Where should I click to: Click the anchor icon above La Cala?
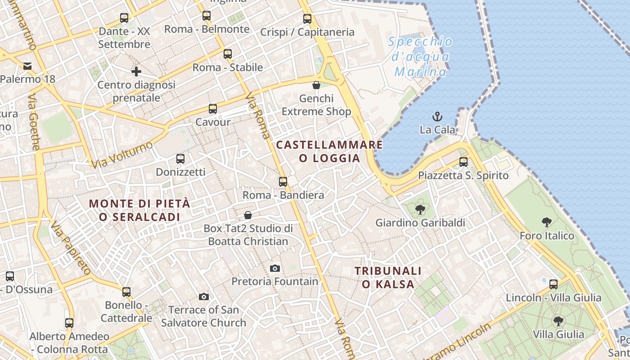click(437, 117)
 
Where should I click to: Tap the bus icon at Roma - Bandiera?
click(283, 182)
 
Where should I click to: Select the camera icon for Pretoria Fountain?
click(275, 269)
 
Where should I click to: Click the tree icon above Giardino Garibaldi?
click(420, 209)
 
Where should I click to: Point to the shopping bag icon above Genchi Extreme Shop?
click(316, 85)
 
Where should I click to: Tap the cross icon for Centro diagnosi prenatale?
click(136, 72)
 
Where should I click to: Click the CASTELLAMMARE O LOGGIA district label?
click(329, 152)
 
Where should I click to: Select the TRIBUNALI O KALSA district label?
click(388, 278)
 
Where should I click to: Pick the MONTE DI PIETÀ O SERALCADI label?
click(139, 210)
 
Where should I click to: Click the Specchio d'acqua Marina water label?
click(420, 57)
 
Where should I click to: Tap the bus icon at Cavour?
click(213, 109)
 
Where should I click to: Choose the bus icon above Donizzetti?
click(180, 159)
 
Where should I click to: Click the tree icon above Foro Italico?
click(547, 222)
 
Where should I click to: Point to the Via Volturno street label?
click(121, 154)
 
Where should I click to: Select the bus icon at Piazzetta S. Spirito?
click(463, 162)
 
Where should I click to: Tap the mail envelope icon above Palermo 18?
click(27, 67)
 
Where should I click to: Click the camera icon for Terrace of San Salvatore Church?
click(204, 297)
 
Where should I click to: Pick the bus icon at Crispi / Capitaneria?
click(307, 19)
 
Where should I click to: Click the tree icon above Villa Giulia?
click(558, 321)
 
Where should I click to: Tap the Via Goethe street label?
click(34, 121)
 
